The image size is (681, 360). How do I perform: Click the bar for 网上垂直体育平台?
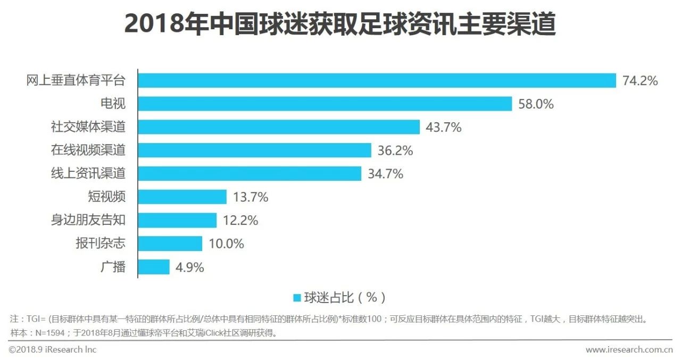377,80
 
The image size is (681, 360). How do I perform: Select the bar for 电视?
325,104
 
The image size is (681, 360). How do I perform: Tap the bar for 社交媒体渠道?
279,127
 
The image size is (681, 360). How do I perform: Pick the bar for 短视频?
182,197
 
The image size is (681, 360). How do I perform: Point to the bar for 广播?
154,267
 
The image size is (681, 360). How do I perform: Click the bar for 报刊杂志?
170,244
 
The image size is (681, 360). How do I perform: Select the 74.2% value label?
640,81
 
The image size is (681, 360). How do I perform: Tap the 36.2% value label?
395,150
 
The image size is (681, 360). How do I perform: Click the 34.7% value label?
385,174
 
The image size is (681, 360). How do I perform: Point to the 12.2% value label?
240,221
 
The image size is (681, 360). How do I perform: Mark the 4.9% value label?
190,267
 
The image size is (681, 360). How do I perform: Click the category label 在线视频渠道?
88,150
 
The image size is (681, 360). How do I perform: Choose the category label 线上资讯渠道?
88,174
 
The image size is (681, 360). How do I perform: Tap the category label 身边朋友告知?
88,220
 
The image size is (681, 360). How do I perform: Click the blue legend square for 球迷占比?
297,297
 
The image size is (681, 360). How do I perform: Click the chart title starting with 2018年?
340,24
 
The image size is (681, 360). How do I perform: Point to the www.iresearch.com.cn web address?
629,350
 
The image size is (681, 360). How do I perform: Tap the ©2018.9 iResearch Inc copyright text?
53,349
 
